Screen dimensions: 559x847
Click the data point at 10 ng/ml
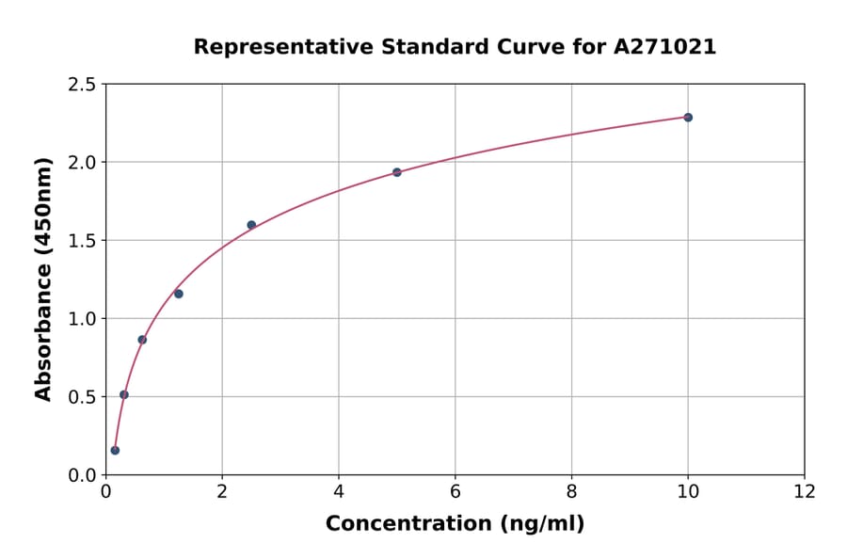point(688,118)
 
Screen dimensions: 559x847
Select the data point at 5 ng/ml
point(397,172)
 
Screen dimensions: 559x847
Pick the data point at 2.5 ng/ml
point(251,225)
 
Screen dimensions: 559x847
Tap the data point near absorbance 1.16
point(179,294)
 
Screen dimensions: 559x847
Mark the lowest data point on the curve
point(115,450)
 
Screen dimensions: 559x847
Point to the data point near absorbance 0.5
point(124,394)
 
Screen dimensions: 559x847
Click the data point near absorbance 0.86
point(142,340)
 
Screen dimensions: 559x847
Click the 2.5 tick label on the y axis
point(83,85)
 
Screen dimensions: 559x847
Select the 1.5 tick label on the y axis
point(83,241)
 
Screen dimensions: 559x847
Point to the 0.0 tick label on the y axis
point(83,475)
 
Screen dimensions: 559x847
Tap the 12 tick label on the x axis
point(805,491)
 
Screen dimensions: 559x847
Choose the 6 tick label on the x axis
point(455,491)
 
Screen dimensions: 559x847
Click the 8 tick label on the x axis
point(572,491)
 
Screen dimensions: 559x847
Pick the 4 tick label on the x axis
point(339,491)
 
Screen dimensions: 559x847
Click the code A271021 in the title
point(667,47)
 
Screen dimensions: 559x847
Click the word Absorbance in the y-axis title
point(43,328)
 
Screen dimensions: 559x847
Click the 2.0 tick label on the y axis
point(83,163)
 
